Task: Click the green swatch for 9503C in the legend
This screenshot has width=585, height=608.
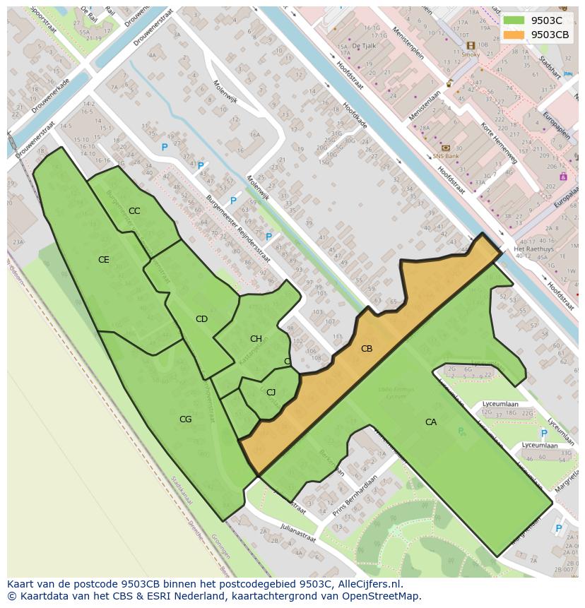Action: pyautogui.click(x=514, y=20)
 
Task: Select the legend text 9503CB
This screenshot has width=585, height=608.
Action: pyautogui.click(x=550, y=35)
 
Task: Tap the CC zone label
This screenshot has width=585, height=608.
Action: pyautogui.click(x=134, y=211)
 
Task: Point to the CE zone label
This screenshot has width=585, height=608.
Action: pyautogui.click(x=104, y=260)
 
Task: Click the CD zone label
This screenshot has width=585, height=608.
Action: pyautogui.click(x=201, y=319)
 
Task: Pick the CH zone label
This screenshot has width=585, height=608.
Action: pyautogui.click(x=256, y=339)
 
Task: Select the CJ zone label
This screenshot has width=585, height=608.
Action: pyautogui.click(x=271, y=393)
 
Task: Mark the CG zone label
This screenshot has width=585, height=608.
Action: pyautogui.click(x=185, y=419)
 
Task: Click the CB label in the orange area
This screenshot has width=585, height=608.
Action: pyautogui.click(x=367, y=349)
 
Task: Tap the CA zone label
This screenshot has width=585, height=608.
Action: pyautogui.click(x=431, y=422)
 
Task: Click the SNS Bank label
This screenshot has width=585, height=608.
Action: pyautogui.click(x=446, y=156)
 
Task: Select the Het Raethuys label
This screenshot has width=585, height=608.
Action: pyautogui.click(x=532, y=249)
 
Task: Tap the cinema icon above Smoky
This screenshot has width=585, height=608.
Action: pyautogui.click(x=471, y=45)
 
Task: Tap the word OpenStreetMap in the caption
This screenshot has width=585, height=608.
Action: pyautogui.click(x=382, y=596)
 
